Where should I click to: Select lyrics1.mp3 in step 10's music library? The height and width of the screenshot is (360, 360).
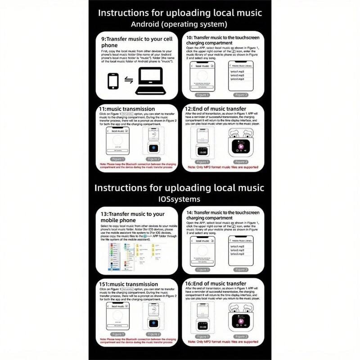point(237,71)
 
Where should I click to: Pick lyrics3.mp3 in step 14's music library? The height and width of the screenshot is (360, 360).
point(237,254)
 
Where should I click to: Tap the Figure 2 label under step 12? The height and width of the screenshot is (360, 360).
point(241,162)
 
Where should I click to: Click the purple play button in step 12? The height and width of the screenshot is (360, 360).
point(242,146)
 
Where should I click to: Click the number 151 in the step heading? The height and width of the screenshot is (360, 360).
point(107,284)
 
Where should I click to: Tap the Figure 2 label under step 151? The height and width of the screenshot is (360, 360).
point(154,334)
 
